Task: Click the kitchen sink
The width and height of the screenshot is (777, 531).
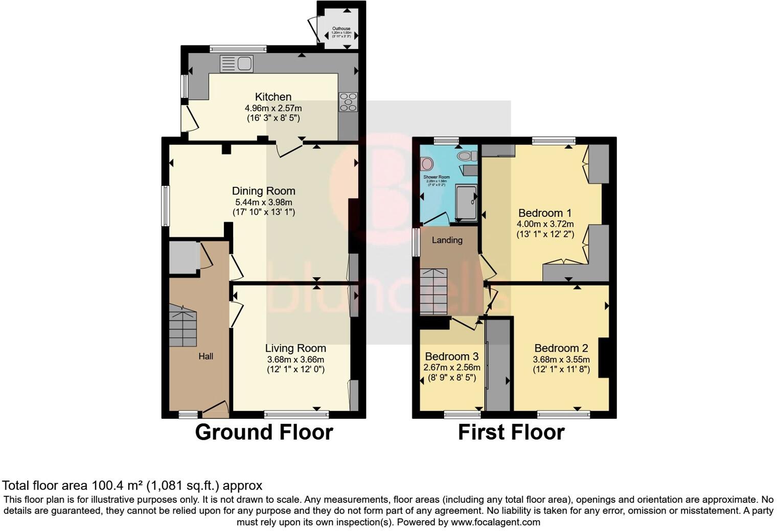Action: point(236,64)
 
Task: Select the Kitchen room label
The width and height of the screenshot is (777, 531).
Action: point(273,96)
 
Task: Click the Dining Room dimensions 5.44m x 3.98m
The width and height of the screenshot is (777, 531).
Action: point(263,202)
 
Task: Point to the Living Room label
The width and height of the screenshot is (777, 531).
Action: point(295,348)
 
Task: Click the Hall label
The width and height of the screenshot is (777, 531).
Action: point(206,356)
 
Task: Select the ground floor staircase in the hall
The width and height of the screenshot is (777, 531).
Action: point(182,326)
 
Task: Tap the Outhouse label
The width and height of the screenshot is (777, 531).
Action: point(341,29)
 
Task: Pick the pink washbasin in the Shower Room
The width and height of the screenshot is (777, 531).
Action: point(427,164)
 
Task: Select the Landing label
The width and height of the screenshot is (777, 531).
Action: point(447,240)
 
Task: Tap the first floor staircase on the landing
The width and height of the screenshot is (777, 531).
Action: point(433,292)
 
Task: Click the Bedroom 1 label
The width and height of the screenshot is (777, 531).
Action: point(545,213)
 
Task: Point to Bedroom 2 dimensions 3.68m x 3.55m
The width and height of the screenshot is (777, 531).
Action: point(561,359)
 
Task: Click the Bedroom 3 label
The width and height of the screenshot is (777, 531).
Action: point(452,356)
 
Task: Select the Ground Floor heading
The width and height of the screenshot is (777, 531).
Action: point(264,432)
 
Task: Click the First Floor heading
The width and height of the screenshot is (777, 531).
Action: point(511,432)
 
